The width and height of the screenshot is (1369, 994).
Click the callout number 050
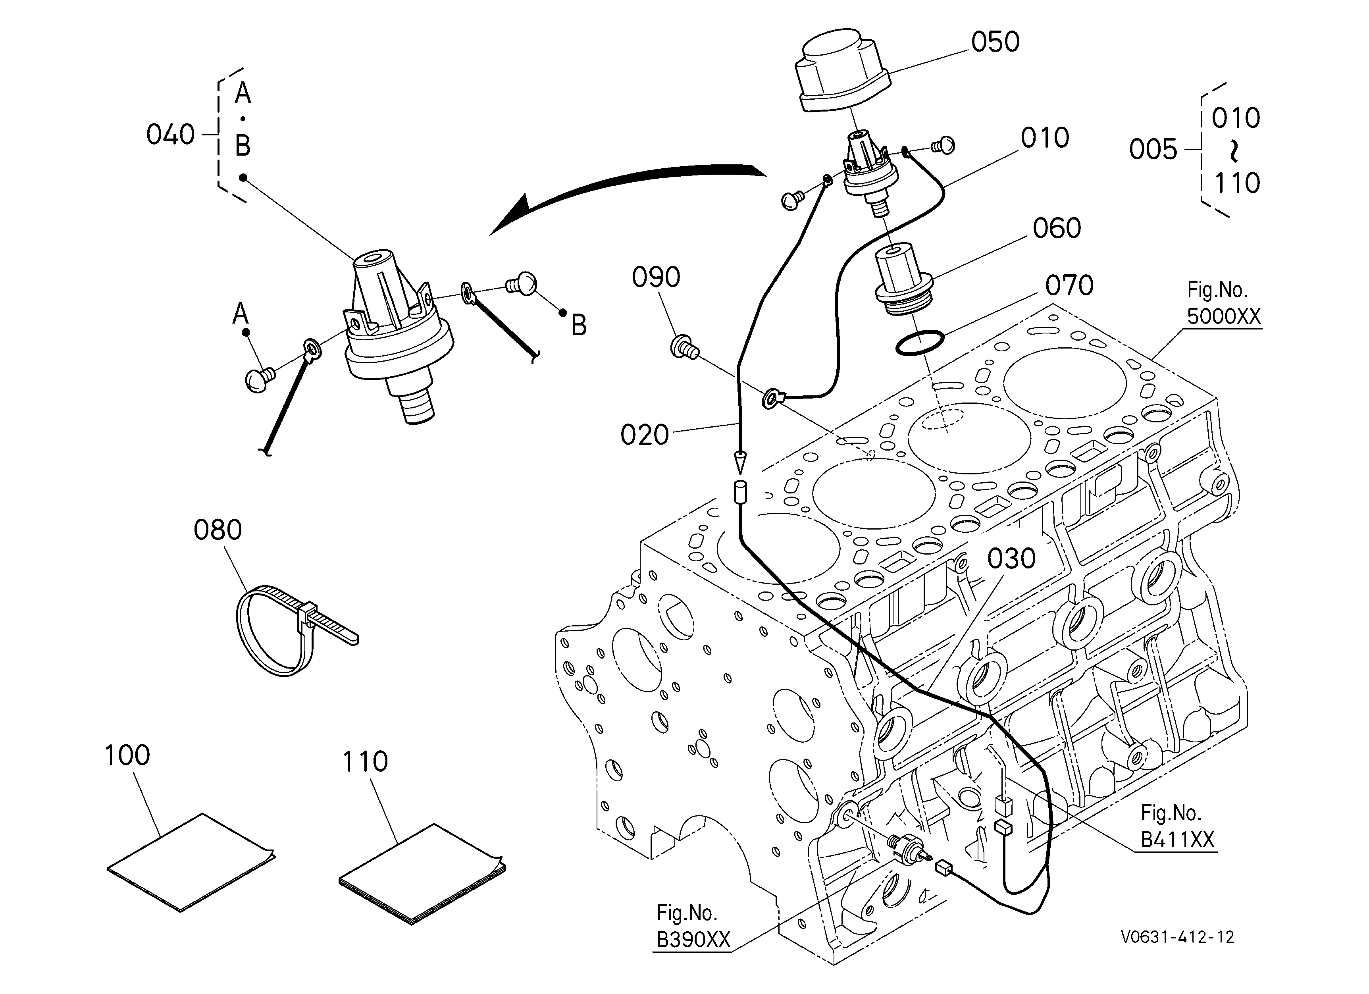[x=995, y=42]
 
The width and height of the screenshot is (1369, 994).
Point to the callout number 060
[x=1056, y=228]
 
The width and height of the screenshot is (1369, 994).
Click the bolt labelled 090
[x=684, y=347]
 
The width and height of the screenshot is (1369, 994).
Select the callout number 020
[x=645, y=435]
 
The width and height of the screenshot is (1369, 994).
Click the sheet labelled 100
[x=191, y=862]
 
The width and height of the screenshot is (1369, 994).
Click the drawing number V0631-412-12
[x=1177, y=937]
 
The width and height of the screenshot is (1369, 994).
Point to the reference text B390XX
[x=693, y=940]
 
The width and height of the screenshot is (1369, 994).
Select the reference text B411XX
[x=1177, y=840]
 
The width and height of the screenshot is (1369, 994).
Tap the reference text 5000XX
[x=1224, y=316]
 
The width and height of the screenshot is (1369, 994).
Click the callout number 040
[x=170, y=135]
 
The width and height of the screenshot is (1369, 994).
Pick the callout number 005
[x=1153, y=149]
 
